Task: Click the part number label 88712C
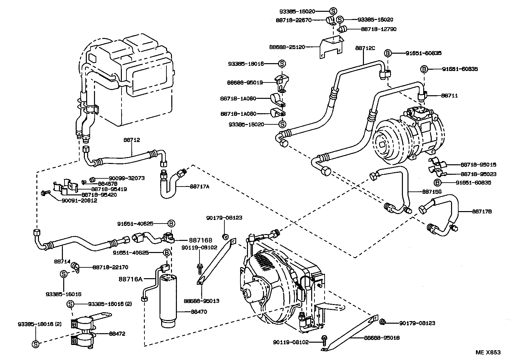pyautogui.click(x=365, y=48)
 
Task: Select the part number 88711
pyautogui.click(x=449, y=96)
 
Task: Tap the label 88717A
pyautogui.click(x=199, y=187)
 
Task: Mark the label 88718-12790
pyautogui.click(x=379, y=29)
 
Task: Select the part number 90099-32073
pyautogui.click(x=120, y=178)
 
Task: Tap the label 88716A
pyautogui.click(x=131, y=279)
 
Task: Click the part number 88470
pyautogui.click(x=199, y=312)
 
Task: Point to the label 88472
pyautogui.click(x=117, y=334)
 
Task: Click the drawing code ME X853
pyautogui.click(x=488, y=352)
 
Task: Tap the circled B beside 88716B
pyautogui.click(x=171, y=224)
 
